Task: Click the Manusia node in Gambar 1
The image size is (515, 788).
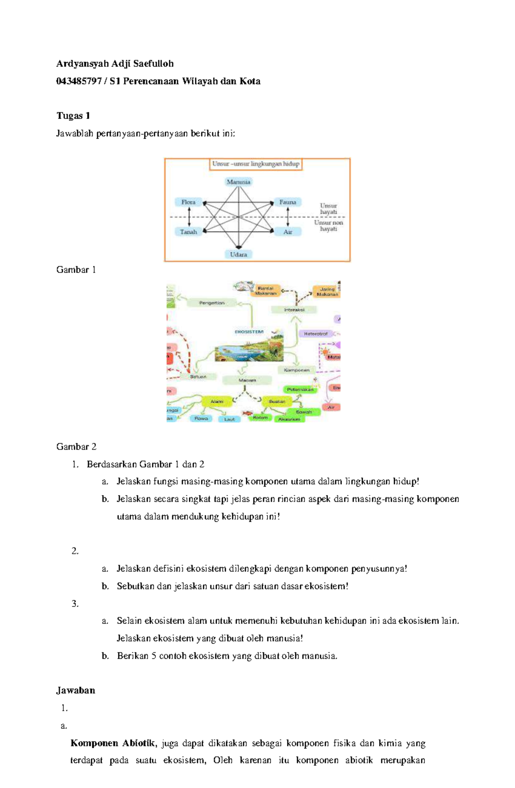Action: coord(238,182)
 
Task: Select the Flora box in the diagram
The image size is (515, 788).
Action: coord(188,202)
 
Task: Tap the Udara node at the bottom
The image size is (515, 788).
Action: coord(238,254)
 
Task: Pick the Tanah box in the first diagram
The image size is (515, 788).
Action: coord(188,232)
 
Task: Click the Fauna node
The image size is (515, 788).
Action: coord(288,202)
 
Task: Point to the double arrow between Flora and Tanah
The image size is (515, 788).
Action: coord(189,217)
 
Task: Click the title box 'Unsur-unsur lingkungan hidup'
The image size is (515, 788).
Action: coord(255,164)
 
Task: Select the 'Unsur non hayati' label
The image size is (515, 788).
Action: coord(328,225)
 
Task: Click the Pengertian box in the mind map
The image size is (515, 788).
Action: coord(212,303)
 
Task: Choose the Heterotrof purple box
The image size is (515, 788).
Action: coord(315,334)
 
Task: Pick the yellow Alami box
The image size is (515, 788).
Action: coord(217,402)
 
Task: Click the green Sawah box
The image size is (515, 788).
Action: coord(304,412)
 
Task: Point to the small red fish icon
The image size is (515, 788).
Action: coord(247,413)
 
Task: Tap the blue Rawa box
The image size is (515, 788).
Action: coord(201,418)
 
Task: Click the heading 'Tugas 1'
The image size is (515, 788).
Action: coord(73,116)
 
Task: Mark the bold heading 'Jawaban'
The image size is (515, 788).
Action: coord(76,690)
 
